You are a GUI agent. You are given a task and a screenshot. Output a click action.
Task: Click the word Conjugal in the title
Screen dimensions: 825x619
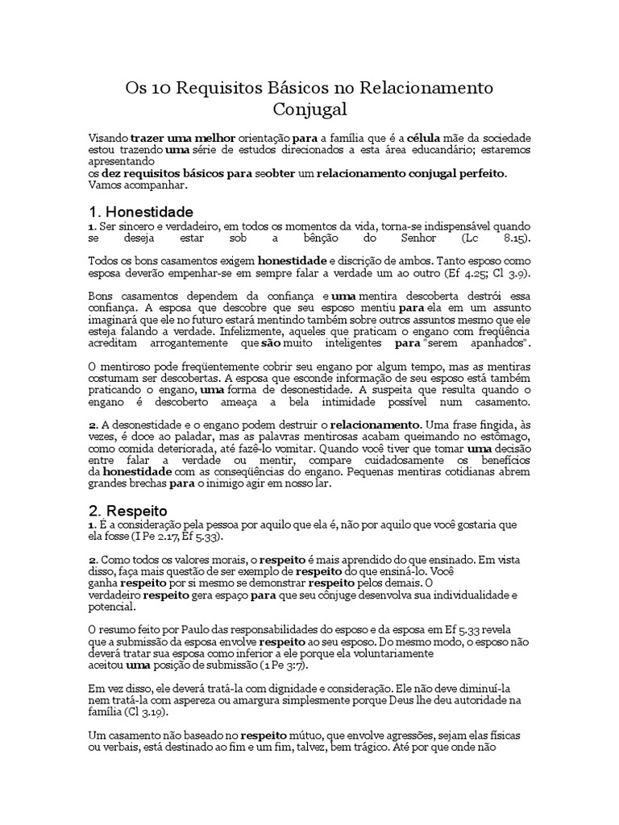click(309, 109)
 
